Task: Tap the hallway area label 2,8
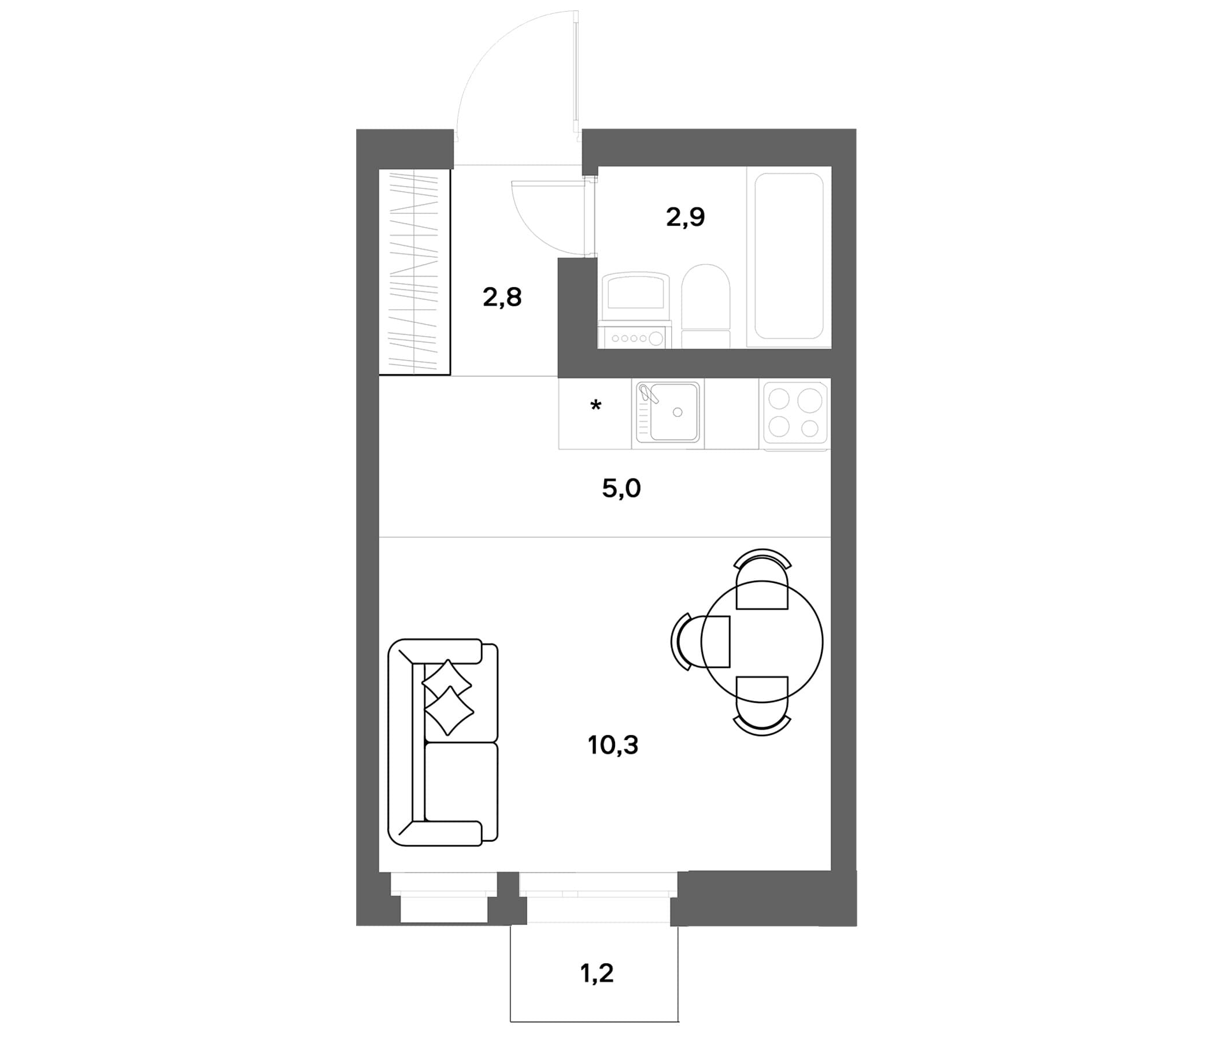502,298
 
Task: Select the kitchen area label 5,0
621,488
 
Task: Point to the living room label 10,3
613,745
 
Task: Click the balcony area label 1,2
597,973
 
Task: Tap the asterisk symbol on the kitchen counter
596,405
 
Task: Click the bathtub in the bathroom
789,256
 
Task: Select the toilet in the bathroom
705,306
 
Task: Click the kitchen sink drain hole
678,413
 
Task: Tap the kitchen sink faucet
649,393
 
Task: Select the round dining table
762,642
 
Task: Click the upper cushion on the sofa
446,681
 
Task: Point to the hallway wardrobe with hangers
414,272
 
